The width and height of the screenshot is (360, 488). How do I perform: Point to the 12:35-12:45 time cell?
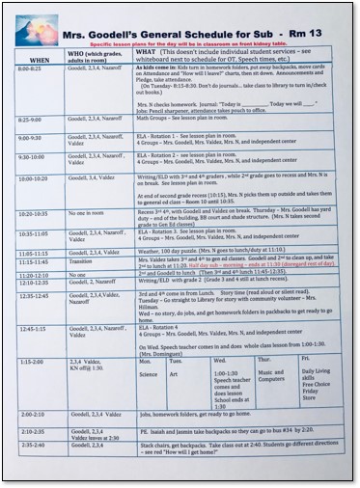[x=33, y=295]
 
